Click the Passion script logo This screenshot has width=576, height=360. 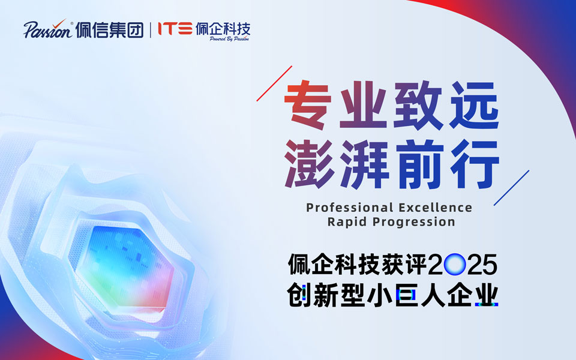click(49, 29)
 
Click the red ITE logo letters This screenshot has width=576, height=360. click(175, 28)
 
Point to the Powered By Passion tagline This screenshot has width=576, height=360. click(229, 38)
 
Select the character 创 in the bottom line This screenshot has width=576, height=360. click(299, 296)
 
